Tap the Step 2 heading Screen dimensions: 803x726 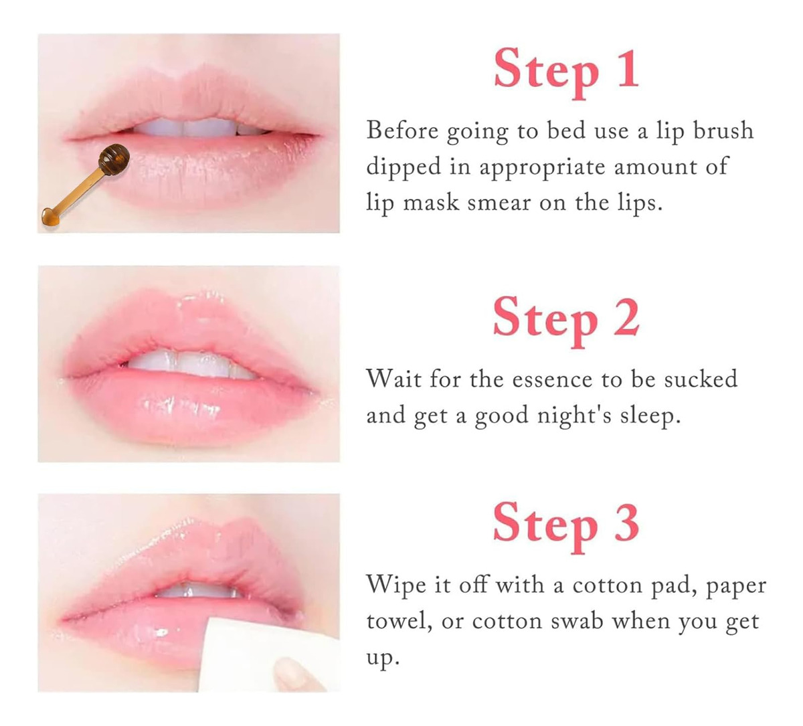tap(566, 321)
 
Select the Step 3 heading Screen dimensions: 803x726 tap(566, 528)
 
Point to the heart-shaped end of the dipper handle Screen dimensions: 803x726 tap(50, 217)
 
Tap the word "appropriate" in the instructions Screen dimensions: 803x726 tap(542, 167)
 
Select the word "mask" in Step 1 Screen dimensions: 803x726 tap(431, 203)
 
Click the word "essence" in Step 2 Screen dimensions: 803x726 tap(552, 379)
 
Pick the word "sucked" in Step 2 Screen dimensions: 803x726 tap(701, 378)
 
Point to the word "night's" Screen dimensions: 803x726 tap(574, 416)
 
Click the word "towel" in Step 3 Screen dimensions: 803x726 tap(398, 622)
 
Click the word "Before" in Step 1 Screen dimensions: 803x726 tap(402, 131)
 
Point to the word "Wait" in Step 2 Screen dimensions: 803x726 tap(393, 379)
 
